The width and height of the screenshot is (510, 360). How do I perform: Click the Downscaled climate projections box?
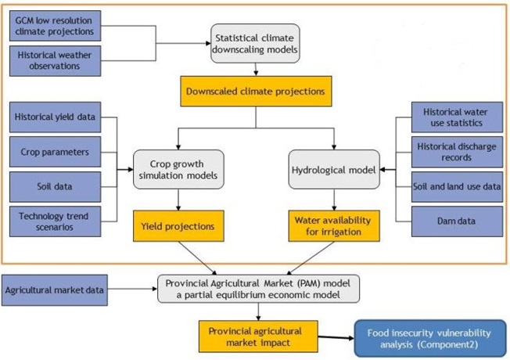(255, 91)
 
